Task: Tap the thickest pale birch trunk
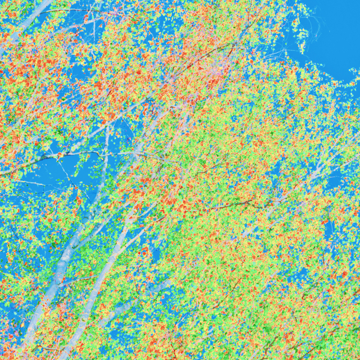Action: click(62, 264)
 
